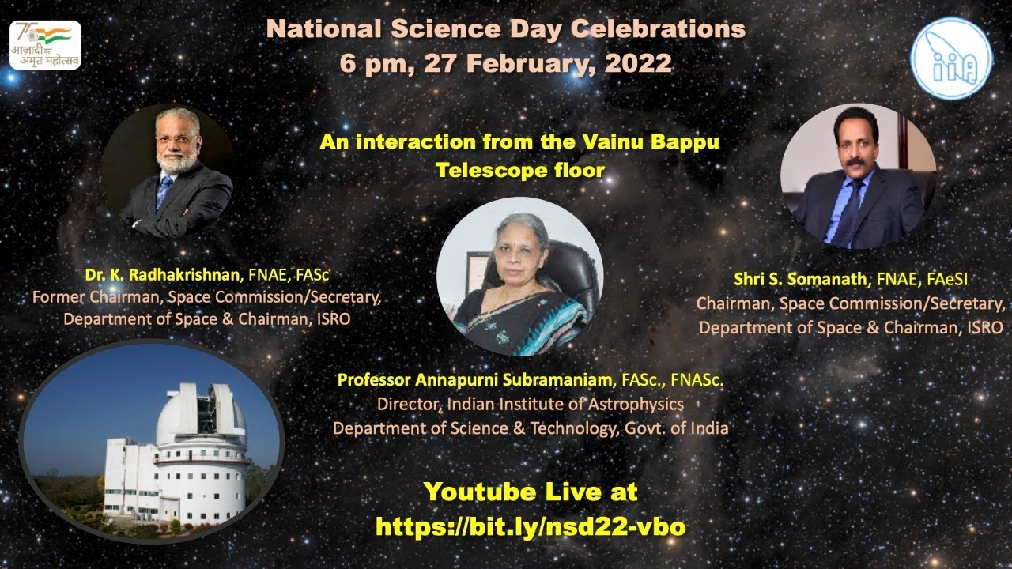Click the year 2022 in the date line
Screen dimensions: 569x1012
(638, 63)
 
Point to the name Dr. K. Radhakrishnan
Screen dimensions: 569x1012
(162, 275)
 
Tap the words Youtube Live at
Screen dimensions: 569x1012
(531, 492)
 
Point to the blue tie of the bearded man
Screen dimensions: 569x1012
(164, 190)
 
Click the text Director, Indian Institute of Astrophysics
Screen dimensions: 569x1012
(530, 405)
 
